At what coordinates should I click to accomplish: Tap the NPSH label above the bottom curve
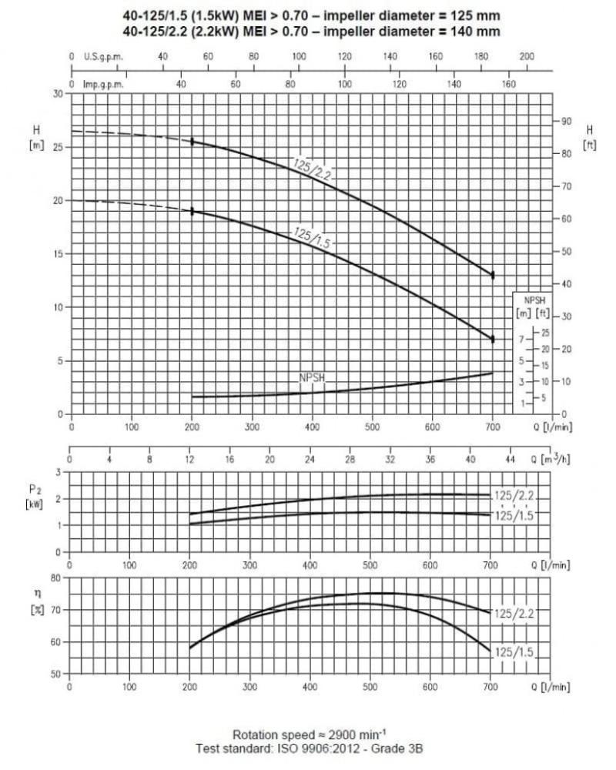(x=313, y=378)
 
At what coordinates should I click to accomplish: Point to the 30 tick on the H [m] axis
(x=57, y=93)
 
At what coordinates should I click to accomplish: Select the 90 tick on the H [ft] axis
(x=566, y=122)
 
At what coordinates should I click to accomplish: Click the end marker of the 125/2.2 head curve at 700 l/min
(x=493, y=274)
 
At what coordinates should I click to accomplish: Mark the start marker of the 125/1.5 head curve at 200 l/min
(x=192, y=211)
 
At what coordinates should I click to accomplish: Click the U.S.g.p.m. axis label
(x=102, y=56)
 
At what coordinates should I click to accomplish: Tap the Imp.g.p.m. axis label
(x=103, y=84)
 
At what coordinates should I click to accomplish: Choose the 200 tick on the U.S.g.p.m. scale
(x=527, y=56)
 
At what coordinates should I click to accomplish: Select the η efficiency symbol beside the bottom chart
(x=36, y=594)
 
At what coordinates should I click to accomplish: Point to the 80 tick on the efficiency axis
(x=55, y=577)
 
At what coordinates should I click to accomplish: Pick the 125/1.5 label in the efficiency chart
(x=514, y=652)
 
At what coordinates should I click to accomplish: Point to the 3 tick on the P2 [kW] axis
(x=57, y=471)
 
